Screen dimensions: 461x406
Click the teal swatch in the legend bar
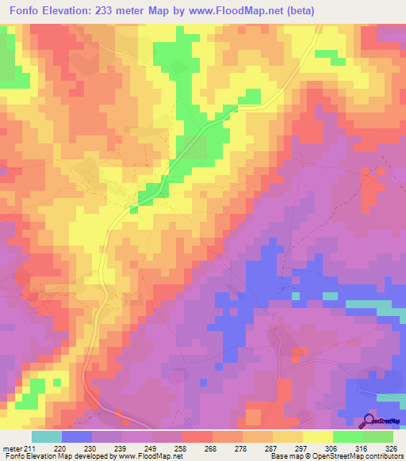(46, 436)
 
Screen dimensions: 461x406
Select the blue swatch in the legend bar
(76, 436)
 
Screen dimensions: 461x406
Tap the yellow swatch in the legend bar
(317, 436)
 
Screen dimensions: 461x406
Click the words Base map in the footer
(285, 455)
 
